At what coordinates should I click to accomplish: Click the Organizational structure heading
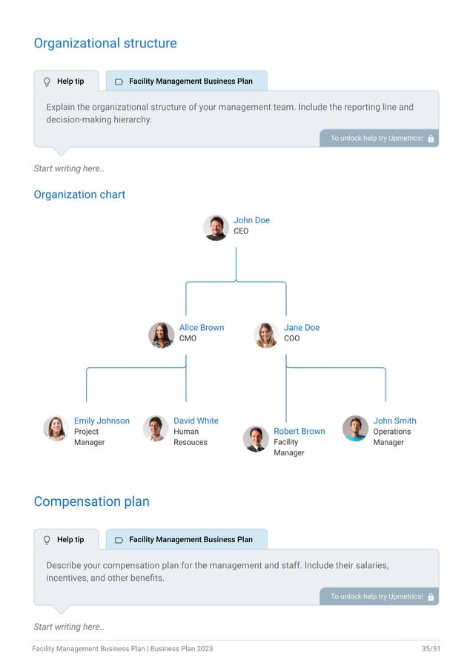pos(105,43)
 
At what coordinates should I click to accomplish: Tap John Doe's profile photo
pos(216,228)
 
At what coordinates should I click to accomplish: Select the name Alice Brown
pos(201,328)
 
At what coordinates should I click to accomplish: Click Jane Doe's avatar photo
pos(265,335)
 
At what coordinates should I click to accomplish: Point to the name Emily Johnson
pos(102,421)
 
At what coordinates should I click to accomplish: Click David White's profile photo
pos(155,429)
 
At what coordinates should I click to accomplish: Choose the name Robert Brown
pos(299,432)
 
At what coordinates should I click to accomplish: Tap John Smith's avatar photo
pos(355,428)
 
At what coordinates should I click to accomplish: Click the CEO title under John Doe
pos(241,231)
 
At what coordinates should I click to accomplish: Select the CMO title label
pos(188,339)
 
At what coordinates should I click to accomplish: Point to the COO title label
pos(291,339)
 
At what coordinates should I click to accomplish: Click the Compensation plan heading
pos(91,501)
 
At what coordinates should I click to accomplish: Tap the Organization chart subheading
pos(79,194)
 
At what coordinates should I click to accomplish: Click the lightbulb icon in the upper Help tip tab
pos(47,82)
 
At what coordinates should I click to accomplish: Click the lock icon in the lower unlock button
pos(431,597)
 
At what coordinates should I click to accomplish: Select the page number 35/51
pos(431,649)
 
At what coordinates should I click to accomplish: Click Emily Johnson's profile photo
pos(56,429)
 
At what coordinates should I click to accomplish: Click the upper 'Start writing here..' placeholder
pos(69,168)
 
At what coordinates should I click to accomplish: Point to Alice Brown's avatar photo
pos(161,335)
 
